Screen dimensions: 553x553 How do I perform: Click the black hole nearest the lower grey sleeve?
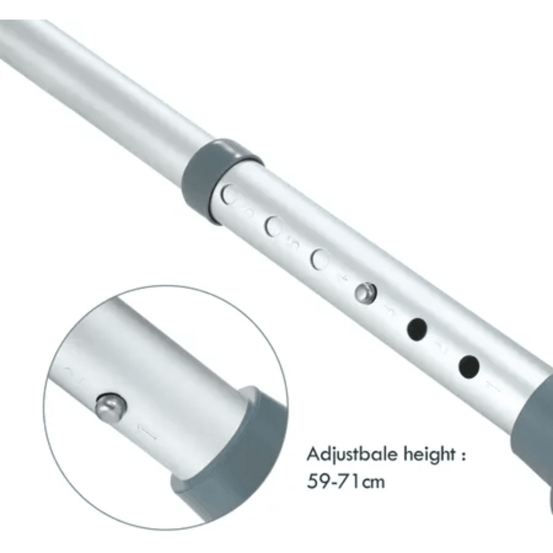coord(469,367)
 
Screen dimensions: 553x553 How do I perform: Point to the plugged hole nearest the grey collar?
coord(230,195)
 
